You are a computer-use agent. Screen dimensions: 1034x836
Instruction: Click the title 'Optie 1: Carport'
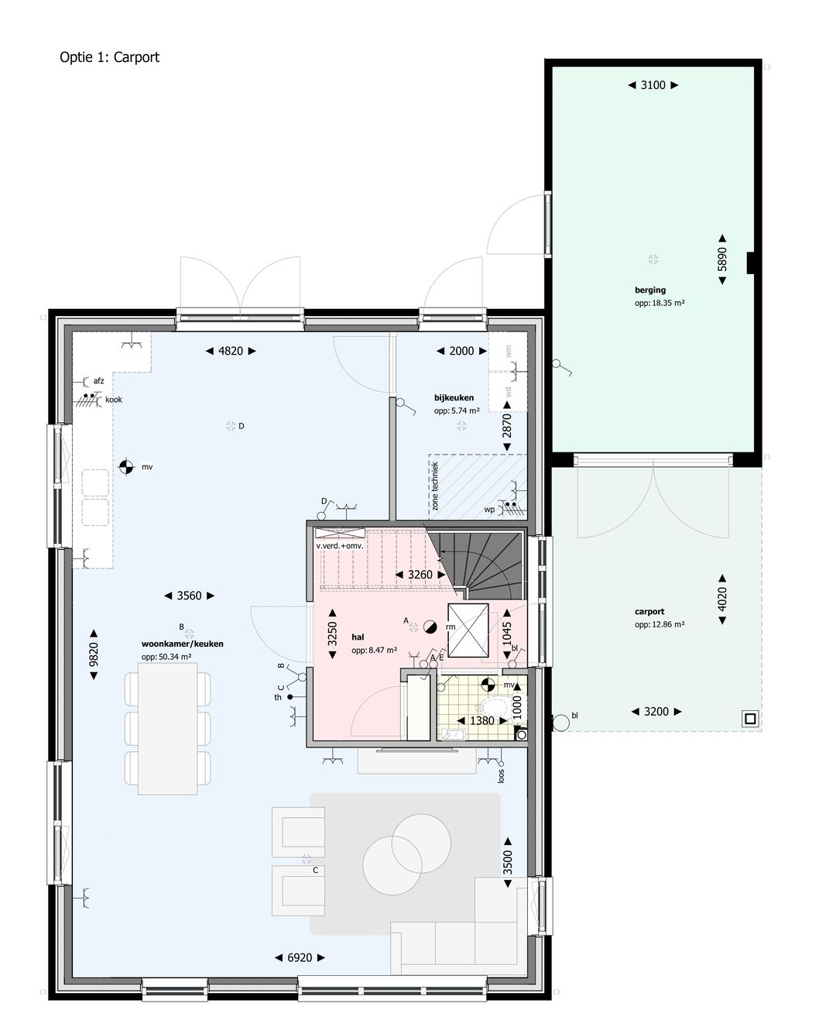(x=109, y=57)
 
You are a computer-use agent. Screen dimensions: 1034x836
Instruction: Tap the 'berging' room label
(x=649, y=290)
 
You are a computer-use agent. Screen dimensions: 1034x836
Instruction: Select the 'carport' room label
(x=649, y=611)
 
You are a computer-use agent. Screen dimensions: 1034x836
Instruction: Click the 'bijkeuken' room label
(x=454, y=397)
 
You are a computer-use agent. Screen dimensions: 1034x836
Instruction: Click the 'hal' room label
(x=358, y=637)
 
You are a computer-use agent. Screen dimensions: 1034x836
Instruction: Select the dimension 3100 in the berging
(x=653, y=85)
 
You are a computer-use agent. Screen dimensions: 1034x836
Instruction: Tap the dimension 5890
(x=722, y=259)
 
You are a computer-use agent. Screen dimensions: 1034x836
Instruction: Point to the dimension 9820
(x=94, y=654)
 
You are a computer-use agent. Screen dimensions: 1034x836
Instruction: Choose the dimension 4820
(x=231, y=351)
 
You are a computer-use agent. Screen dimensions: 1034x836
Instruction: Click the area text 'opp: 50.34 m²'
(x=166, y=657)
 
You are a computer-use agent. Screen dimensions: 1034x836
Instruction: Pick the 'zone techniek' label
(x=435, y=486)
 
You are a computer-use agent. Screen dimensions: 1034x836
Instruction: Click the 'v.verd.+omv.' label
(x=339, y=546)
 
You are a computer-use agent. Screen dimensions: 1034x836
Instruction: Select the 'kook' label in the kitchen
(x=114, y=400)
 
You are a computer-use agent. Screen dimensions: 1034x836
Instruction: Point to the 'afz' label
(x=98, y=380)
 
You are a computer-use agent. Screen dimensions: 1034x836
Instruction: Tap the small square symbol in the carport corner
(x=749, y=719)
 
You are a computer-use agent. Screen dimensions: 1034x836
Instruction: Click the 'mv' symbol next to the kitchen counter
(x=125, y=466)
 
